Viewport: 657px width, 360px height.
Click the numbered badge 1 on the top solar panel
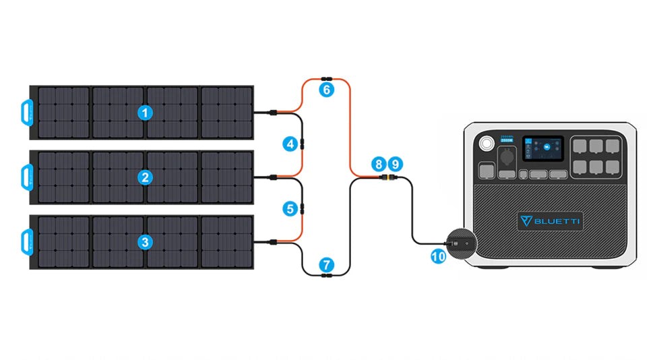(145, 113)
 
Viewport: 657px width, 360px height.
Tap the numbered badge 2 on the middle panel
(145, 177)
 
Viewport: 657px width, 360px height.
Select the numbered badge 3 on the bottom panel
(145, 241)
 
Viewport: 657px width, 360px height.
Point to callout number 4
(290, 144)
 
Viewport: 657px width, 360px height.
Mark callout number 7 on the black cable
(326, 265)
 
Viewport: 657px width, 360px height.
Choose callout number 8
(379, 164)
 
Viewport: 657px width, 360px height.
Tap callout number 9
(396, 164)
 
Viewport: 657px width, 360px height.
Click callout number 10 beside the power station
(438, 257)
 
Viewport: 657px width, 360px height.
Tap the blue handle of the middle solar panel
(26, 177)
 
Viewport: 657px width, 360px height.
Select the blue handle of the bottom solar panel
(26, 241)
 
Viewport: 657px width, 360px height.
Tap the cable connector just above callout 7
(326, 274)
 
